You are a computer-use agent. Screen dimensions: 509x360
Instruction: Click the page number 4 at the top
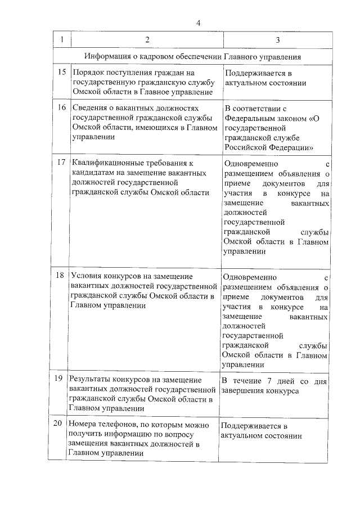(x=198, y=22)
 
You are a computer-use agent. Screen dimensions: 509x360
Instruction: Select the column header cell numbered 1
(x=61, y=40)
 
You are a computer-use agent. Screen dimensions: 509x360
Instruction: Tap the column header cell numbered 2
(x=147, y=40)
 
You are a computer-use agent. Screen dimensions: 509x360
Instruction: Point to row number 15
(x=62, y=73)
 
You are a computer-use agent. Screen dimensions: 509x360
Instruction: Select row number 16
(x=62, y=107)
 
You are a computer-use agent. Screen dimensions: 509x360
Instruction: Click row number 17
(x=62, y=163)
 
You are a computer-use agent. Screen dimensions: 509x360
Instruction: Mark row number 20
(x=58, y=424)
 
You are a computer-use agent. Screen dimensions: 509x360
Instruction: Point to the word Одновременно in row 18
(x=250, y=277)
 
